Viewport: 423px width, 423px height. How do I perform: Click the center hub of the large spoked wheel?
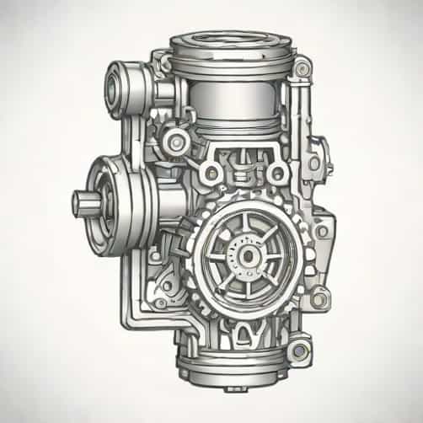tap(249, 253)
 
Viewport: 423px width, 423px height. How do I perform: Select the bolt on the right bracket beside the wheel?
tap(314, 163)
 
